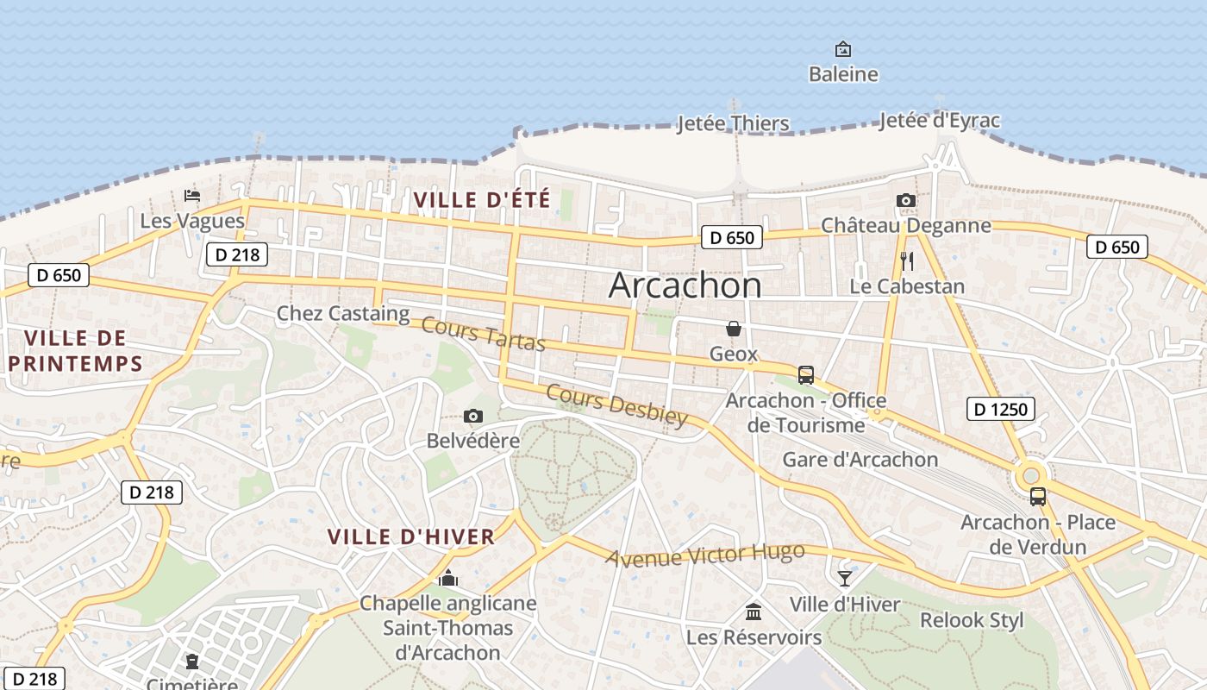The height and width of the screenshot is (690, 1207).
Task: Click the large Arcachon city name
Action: pos(685,285)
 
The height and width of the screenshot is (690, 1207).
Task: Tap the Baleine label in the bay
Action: pos(843,74)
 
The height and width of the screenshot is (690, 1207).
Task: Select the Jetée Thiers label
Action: pos(733,123)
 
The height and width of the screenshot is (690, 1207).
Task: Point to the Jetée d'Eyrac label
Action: pos(940,121)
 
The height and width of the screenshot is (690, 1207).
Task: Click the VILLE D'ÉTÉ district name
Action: pos(482,200)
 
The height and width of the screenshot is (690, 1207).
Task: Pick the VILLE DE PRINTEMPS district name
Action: pos(75,350)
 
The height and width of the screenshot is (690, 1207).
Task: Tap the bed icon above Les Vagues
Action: pos(192,196)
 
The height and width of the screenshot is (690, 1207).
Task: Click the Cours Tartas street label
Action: pos(484,336)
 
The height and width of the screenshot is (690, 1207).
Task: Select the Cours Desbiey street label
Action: pos(617,405)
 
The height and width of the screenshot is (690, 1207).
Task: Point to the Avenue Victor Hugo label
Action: pos(705,555)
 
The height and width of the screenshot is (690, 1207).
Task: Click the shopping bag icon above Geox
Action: pos(734,329)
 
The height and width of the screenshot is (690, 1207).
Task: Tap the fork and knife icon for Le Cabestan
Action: pos(907,261)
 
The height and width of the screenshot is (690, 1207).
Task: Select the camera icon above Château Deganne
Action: pos(905,201)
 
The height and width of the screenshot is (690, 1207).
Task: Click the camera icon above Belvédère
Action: pos(473,417)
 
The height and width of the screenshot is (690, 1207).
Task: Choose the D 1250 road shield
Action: pos(1000,409)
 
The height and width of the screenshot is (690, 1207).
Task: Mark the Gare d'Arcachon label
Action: pos(860,459)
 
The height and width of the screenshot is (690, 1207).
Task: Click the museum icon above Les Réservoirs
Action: pos(754,612)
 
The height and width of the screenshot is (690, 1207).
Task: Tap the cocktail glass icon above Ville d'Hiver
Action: pos(844,579)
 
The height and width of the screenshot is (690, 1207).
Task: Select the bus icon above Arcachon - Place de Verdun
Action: pos(1038,497)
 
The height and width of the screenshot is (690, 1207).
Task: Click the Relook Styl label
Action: pos(972,620)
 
